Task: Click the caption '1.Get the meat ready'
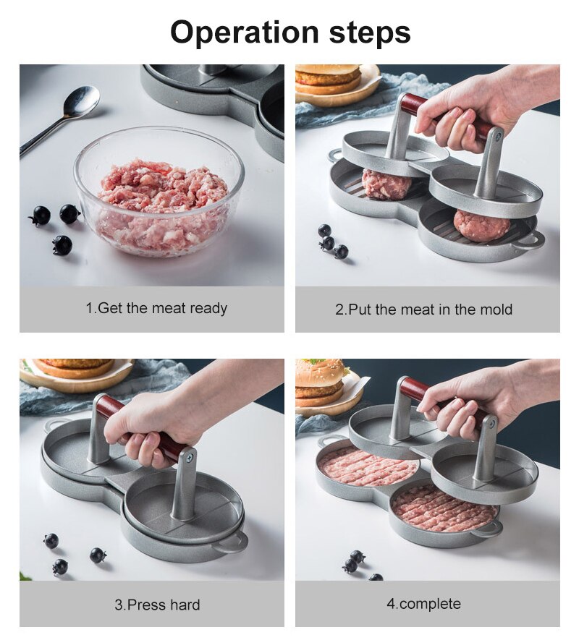point(156,308)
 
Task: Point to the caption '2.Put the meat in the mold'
point(423,310)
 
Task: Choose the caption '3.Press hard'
point(157,604)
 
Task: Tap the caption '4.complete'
point(423,603)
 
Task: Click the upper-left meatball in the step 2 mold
point(385,184)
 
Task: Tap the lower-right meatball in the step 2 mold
point(481,226)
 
